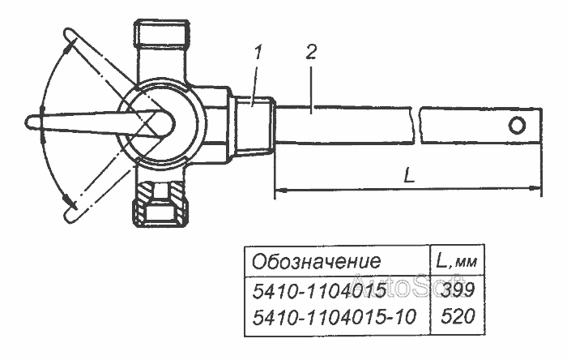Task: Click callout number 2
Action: pyautogui.click(x=311, y=52)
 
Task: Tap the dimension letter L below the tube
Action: pyautogui.click(x=409, y=175)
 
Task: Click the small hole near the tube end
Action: pyautogui.click(x=517, y=126)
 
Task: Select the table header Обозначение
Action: pyautogui.click(x=317, y=261)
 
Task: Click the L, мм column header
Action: pyautogui.click(x=457, y=261)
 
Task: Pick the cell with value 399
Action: pyautogui.click(x=458, y=290)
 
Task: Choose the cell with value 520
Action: pyautogui.click(x=458, y=316)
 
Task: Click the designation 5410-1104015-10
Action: pyautogui.click(x=334, y=317)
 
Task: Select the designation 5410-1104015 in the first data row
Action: pyautogui.click(x=319, y=290)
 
